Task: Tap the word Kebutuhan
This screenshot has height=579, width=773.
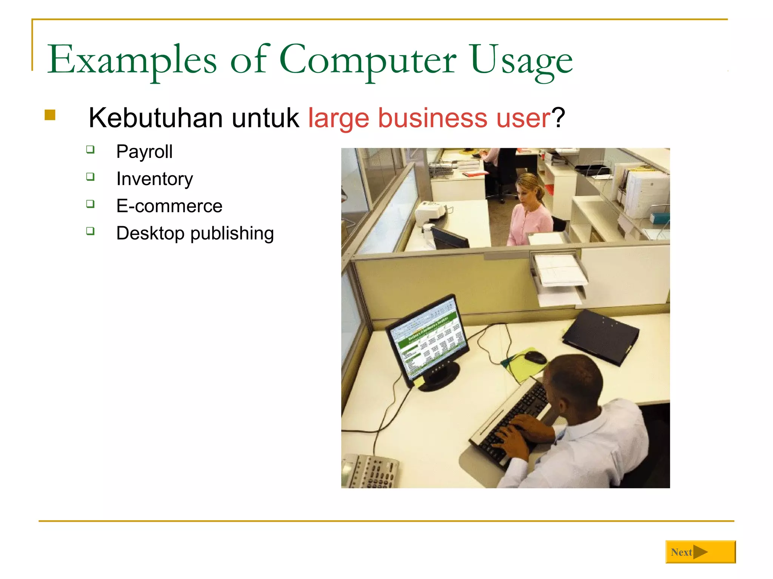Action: (156, 118)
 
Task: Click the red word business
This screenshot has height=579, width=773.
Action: (433, 118)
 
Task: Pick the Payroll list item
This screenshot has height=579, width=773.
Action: (144, 152)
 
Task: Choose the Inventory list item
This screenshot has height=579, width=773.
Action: (154, 179)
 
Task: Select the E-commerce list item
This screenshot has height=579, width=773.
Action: (169, 206)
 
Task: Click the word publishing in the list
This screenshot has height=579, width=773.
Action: (232, 233)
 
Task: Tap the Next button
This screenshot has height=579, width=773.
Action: (700, 552)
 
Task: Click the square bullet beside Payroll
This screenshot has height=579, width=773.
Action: (90, 150)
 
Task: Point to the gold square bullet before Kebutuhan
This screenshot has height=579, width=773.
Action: (50, 115)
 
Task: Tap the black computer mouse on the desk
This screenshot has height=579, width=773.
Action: (535, 357)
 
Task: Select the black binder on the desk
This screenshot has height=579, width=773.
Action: (600, 336)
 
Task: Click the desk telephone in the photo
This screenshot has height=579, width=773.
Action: (370, 471)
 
